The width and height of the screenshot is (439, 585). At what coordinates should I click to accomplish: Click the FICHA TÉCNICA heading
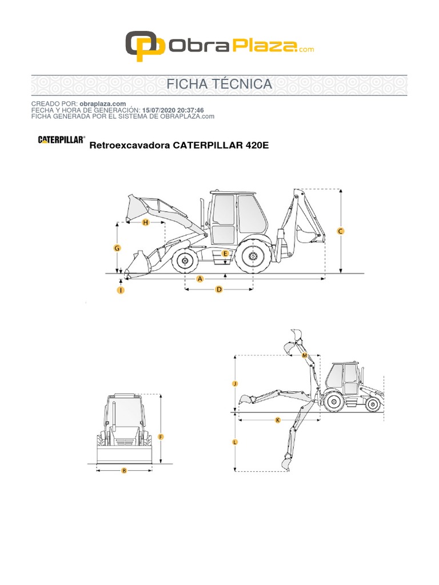pos(219,85)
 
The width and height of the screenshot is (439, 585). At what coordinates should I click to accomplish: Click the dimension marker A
pos(200,279)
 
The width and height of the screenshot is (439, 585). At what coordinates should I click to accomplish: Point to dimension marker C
pos(341,231)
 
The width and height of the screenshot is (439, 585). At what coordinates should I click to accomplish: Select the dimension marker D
pos(218,290)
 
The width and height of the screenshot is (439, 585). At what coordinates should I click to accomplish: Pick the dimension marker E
pos(225,253)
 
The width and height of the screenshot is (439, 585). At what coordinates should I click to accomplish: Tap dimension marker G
pos(117,248)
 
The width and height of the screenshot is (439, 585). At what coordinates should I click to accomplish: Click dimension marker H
pos(145,222)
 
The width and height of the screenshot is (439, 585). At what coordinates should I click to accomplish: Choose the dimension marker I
pos(121,290)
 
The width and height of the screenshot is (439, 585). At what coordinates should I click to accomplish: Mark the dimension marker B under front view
pos(124,471)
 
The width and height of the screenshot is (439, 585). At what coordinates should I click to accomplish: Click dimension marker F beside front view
pos(161,437)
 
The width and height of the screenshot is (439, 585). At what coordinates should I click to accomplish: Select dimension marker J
pos(235,384)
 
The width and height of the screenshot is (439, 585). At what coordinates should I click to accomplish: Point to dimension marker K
pos(278,420)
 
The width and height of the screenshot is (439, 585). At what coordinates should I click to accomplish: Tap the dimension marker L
pos(235,442)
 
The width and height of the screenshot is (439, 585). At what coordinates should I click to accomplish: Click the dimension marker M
pos(305,355)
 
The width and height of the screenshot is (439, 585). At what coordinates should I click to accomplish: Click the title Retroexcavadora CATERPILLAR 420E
pos(179,146)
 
